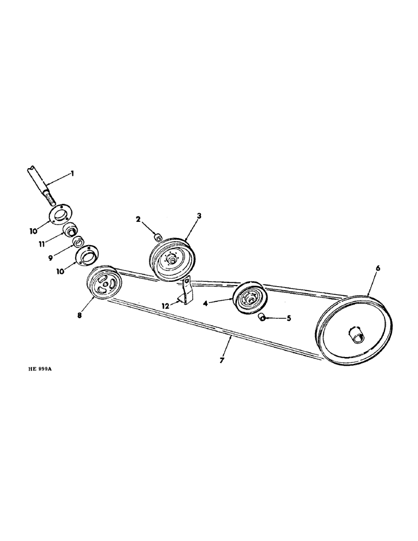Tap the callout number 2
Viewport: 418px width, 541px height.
pos(138,219)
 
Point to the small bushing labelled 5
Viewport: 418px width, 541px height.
pos(263,316)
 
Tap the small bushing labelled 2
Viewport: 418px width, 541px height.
pos(159,236)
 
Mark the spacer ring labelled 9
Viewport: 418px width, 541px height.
pos(79,241)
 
